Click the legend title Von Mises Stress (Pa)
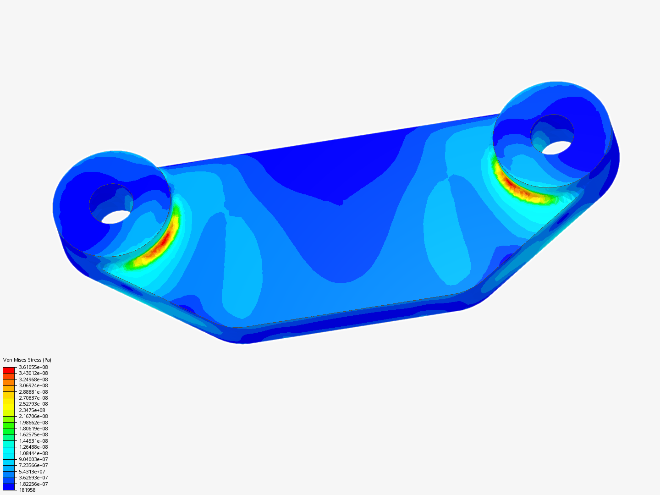click(x=27, y=360)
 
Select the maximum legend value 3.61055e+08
click(x=33, y=367)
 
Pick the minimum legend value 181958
click(x=27, y=490)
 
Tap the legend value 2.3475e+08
click(x=32, y=410)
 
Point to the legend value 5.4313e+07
click(x=32, y=472)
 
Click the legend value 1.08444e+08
click(x=33, y=453)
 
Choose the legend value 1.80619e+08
click(x=33, y=429)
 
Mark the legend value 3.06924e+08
click(x=33, y=385)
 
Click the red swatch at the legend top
click(x=9, y=370)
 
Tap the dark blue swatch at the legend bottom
click(x=9, y=487)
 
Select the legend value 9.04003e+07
click(x=33, y=459)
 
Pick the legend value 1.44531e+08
click(x=33, y=441)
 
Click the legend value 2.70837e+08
click(x=33, y=398)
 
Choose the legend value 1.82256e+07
click(x=33, y=484)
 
